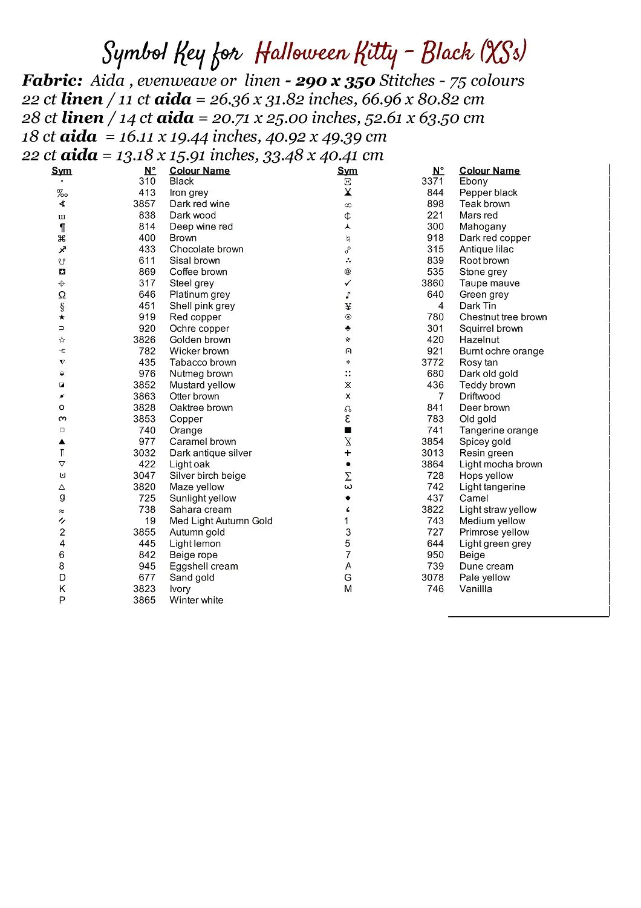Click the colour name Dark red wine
click(200, 204)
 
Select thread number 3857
click(145, 204)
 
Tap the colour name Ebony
click(473, 181)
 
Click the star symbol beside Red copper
click(62, 317)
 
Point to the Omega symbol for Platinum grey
click(62, 295)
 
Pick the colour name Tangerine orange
click(498, 430)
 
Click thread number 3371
click(432, 181)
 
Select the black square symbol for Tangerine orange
click(348, 430)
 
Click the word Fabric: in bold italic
click(52, 81)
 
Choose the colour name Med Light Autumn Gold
click(221, 521)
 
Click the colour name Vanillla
click(475, 589)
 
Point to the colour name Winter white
click(196, 600)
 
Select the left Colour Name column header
click(200, 171)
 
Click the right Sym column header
click(347, 171)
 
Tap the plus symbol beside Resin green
click(348, 453)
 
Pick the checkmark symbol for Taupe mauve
click(348, 283)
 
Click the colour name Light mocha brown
click(501, 464)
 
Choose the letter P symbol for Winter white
click(62, 600)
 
